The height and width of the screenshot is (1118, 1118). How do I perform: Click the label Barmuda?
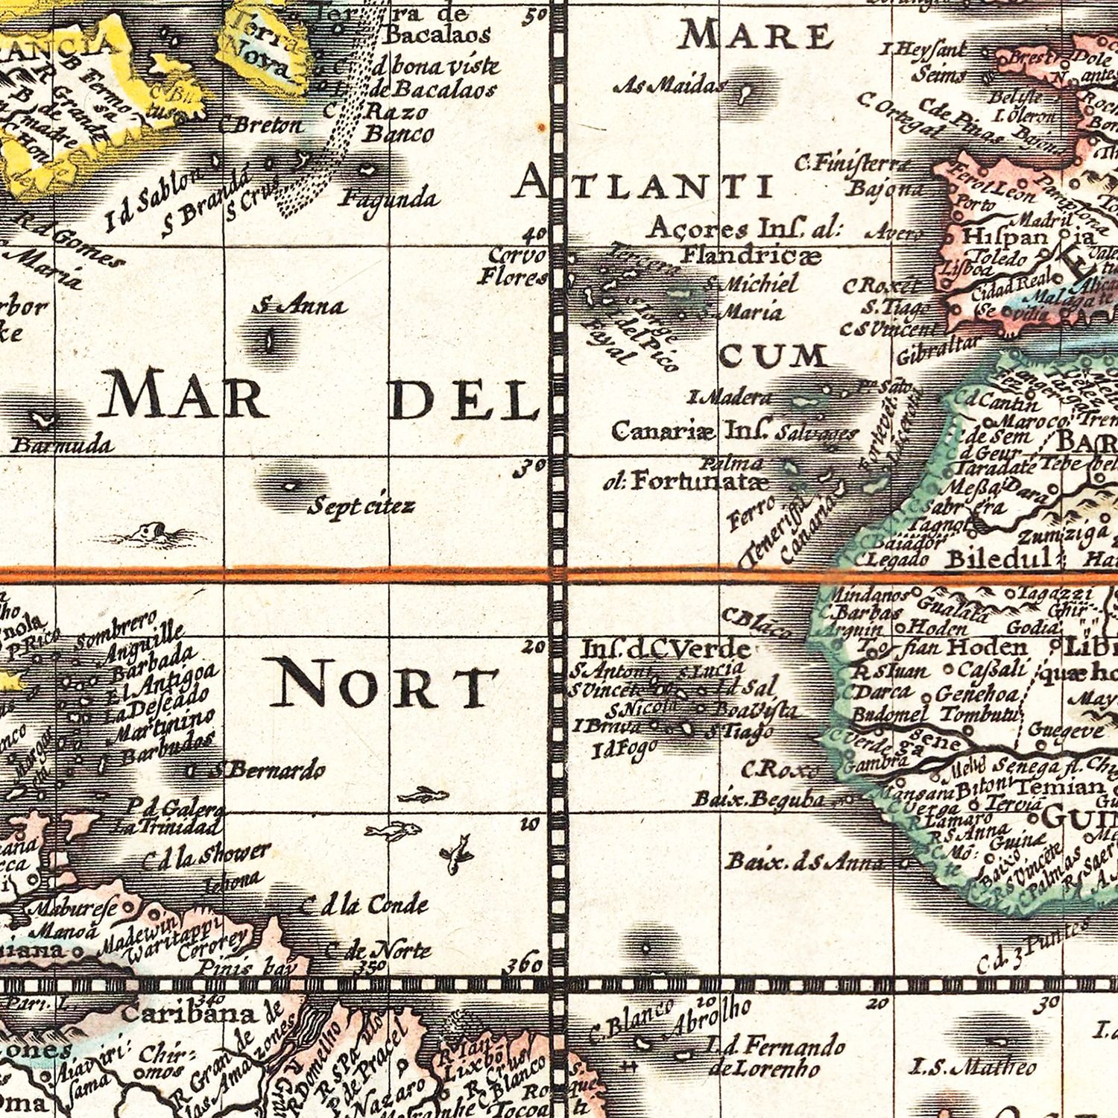[63, 445]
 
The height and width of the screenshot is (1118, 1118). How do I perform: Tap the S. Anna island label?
[299, 305]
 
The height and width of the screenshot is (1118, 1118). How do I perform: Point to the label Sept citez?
[361, 507]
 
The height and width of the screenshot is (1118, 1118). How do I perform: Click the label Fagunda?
[388, 198]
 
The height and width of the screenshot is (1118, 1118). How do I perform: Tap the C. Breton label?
[262, 125]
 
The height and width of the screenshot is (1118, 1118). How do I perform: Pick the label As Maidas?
[669, 86]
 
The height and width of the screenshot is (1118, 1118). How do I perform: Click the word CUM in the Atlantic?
[774, 356]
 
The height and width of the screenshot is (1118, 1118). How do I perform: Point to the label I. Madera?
[730, 397]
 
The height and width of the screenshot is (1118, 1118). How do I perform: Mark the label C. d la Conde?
[364, 905]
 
